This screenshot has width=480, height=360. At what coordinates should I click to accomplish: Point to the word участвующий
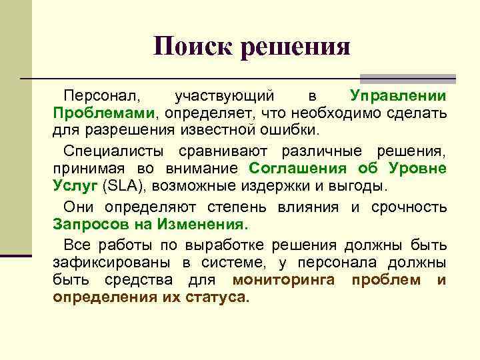click(x=223, y=97)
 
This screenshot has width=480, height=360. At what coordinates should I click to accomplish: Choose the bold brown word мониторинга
click(x=283, y=280)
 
